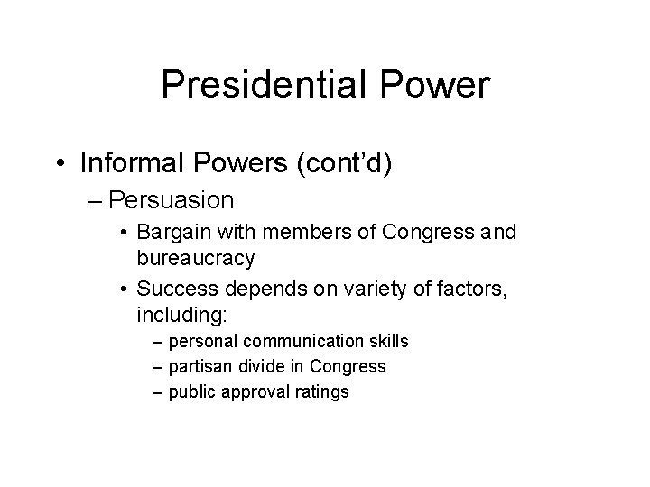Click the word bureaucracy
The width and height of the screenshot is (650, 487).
195,259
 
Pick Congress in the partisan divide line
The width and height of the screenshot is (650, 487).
348,367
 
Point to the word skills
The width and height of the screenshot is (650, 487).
387,342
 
